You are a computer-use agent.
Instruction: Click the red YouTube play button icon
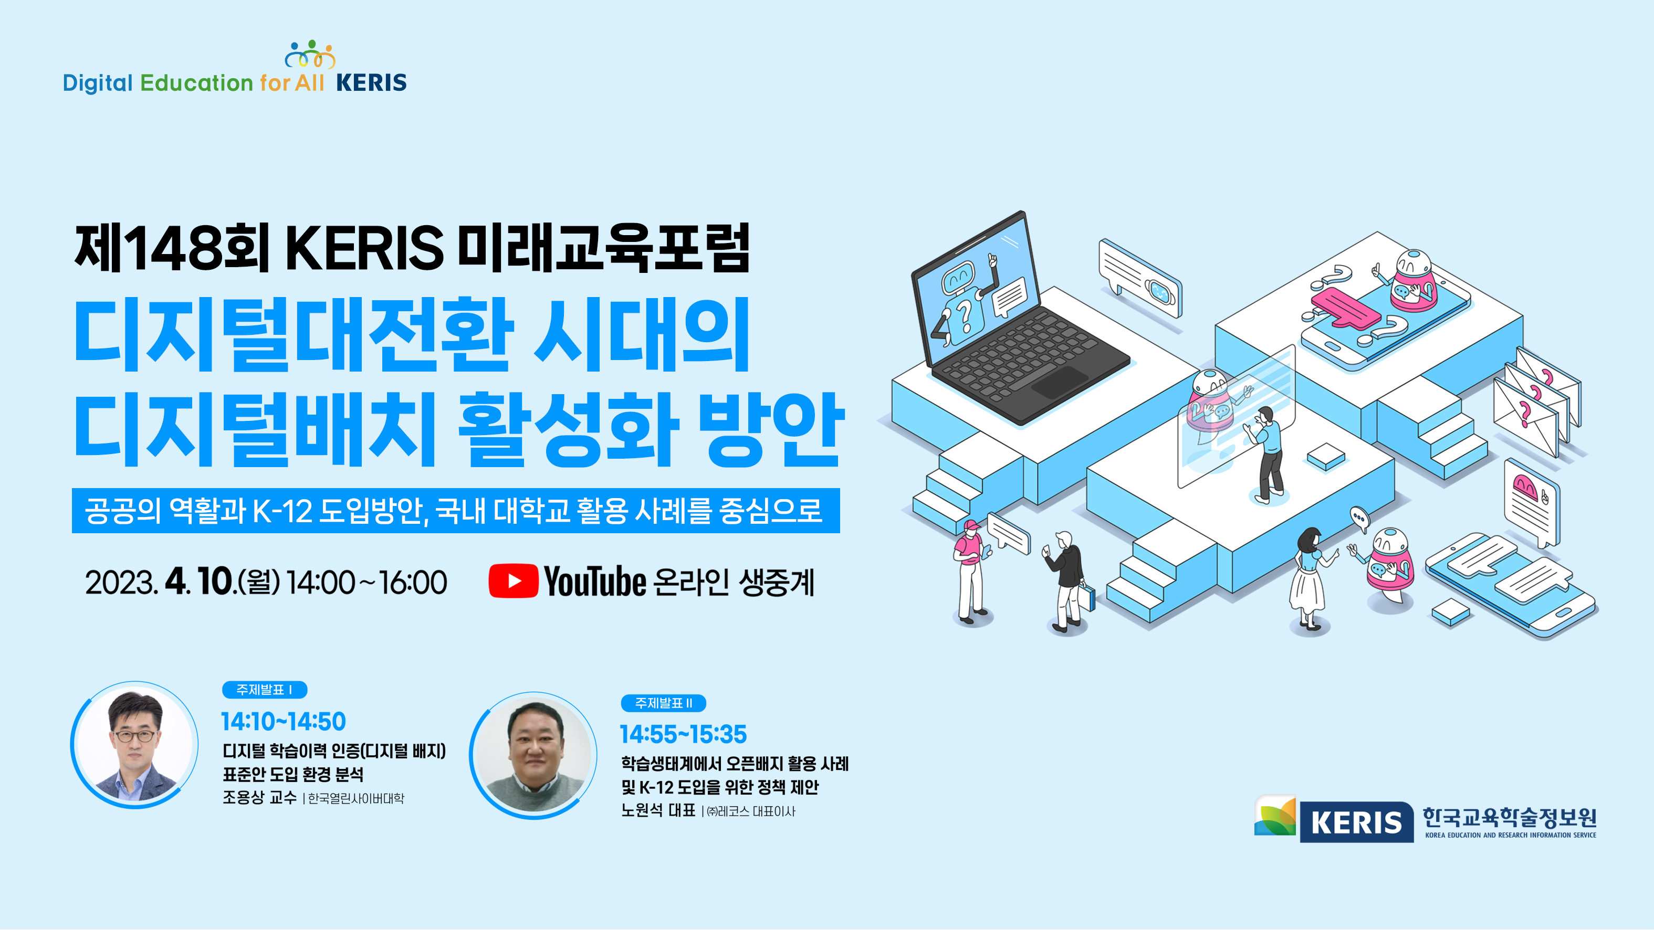pyautogui.click(x=513, y=581)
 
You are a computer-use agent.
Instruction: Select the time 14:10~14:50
pyautogui.click(x=283, y=722)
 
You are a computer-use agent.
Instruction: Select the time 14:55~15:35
pyautogui.click(x=683, y=734)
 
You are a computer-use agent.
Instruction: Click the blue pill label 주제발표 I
pyautogui.click(x=265, y=690)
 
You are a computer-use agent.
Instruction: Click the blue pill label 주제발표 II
pyautogui.click(x=663, y=703)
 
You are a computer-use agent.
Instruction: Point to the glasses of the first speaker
pyautogui.click(x=134, y=736)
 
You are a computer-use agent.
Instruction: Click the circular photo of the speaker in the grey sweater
pyautogui.click(x=533, y=755)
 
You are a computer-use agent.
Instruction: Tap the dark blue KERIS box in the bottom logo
pyautogui.click(x=1356, y=822)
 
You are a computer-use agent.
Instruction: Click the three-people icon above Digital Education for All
pyautogui.click(x=310, y=54)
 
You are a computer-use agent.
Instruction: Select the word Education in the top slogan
pyautogui.click(x=196, y=83)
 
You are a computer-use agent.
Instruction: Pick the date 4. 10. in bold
pyautogui.click(x=199, y=582)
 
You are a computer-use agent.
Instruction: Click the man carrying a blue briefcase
pyautogui.click(x=1067, y=581)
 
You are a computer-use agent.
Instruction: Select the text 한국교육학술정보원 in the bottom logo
pyautogui.click(x=1510, y=817)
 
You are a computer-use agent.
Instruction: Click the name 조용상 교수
pyautogui.click(x=259, y=798)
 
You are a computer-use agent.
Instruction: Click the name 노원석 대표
pyautogui.click(x=658, y=811)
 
